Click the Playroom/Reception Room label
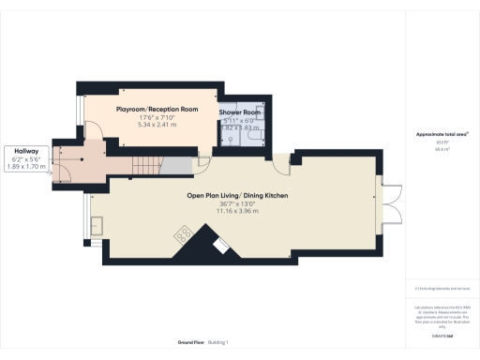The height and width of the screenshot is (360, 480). pos(157,110)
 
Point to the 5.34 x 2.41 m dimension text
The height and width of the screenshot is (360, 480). pos(157,125)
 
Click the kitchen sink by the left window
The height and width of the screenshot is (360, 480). pos(99,224)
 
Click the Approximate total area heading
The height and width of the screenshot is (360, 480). pos(442,135)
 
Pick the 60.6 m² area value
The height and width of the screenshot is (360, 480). pos(442,149)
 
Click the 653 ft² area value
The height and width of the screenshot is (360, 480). pos(442,143)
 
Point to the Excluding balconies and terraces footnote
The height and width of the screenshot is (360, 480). pos(442,289)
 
